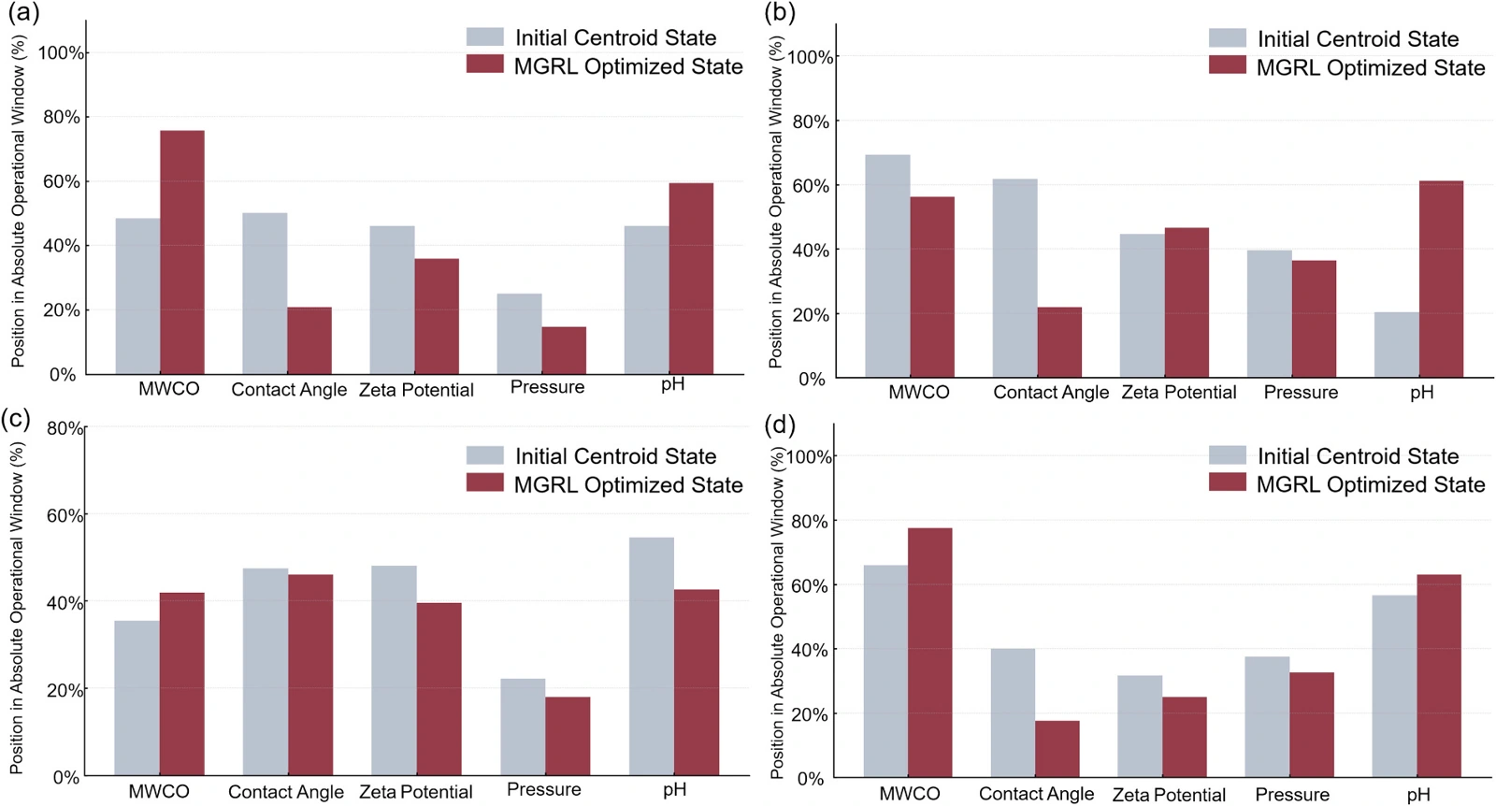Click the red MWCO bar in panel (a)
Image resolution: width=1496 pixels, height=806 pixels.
tap(182, 252)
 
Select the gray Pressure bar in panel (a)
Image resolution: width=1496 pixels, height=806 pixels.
tap(520, 334)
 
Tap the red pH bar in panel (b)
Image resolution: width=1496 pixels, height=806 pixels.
tap(1441, 280)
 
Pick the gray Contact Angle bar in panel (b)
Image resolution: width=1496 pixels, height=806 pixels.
tap(1015, 279)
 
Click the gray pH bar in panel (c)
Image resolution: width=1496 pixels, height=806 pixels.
tap(651, 656)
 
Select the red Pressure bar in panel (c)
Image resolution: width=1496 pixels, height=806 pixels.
tap(568, 737)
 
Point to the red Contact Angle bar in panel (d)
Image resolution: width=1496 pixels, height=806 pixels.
tap(1057, 749)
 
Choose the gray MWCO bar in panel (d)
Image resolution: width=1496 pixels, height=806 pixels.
tap(885, 671)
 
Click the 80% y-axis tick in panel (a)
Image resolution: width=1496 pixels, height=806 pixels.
tap(62, 118)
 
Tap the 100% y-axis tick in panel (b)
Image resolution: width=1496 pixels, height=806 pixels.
tap(811, 57)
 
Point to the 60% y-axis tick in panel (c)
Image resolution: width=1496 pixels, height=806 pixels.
tap(65, 515)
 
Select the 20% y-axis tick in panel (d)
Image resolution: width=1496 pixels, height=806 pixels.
tap(812, 714)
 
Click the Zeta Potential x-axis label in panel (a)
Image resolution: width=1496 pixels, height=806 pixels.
tap(416, 389)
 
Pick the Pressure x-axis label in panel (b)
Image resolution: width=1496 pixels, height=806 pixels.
tap(1301, 392)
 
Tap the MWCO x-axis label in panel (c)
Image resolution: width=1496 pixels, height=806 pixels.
tap(159, 792)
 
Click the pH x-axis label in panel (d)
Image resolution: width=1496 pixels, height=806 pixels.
tap(1419, 795)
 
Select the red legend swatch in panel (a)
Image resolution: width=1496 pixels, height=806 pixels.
tap(485, 65)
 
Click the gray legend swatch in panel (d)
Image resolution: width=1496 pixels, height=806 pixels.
tap(1228, 454)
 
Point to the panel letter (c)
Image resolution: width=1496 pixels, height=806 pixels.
tap(16, 419)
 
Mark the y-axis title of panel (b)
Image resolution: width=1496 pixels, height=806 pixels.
tap(775, 202)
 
